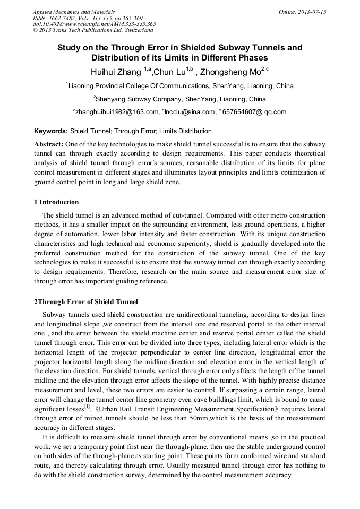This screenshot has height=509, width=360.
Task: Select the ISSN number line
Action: tap(88, 18)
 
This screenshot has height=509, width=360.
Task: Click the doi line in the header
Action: tap(94, 24)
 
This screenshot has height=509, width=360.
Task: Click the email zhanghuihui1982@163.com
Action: tap(117, 112)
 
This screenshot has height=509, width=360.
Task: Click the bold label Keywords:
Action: tap(51, 131)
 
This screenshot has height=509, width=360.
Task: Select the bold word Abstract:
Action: tap(49, 144)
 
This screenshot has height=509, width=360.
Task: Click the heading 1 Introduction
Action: tap(56, 202)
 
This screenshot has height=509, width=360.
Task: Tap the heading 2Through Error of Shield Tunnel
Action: tap(86, 302)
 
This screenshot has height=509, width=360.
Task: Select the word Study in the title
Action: tap(70, 48)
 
